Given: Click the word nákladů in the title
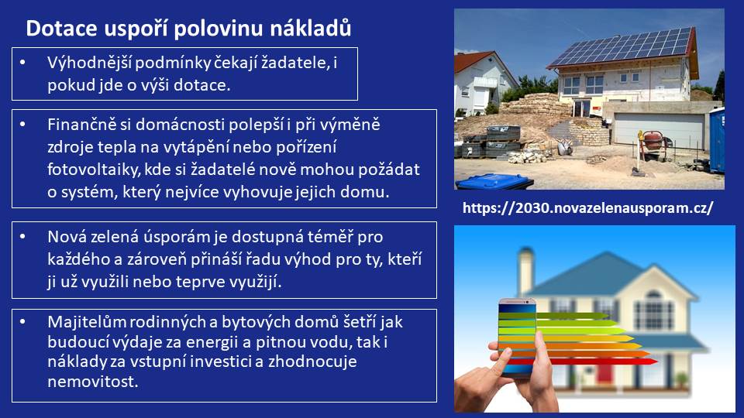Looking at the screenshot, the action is tap(310, 28).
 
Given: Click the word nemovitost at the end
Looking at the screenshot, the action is tap(92, 382).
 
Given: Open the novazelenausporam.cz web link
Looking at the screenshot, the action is tap(587, 208).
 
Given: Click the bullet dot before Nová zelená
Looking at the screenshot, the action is tap(22, 236).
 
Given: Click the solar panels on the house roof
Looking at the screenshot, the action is tap(622, 46).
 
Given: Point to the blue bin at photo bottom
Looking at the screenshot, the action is tap(494, 181).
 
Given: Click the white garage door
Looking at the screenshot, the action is tap(659, 130).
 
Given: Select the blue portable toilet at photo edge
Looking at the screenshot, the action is tap(717, 140).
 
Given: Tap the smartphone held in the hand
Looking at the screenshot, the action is tap(517, 337).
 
